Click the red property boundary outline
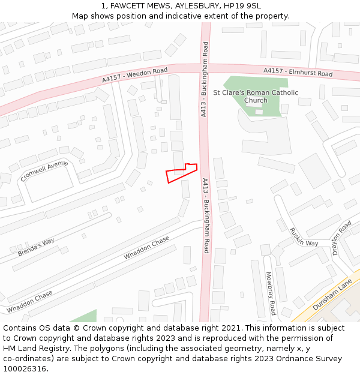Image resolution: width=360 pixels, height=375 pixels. point(181,173)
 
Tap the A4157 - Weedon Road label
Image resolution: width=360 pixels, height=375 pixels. point(134,75)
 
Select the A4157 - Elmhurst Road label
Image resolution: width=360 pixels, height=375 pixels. point(298,73)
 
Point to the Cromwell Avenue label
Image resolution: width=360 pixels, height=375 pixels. point(44,170)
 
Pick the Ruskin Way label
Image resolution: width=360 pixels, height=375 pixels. point(304,236)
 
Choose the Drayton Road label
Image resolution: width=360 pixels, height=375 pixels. point(343,238)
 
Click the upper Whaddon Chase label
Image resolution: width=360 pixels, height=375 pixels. point(147,248)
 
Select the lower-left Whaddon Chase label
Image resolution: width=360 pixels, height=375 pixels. point(29,301)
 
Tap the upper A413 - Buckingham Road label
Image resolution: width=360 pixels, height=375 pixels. point(205,79)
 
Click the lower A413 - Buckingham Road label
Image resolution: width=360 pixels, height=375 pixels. point(206,215)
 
